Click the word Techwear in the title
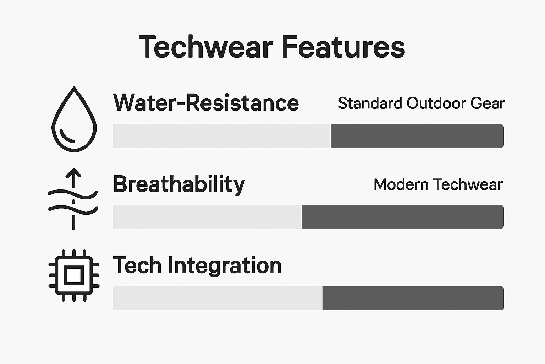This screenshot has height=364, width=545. (206, 47)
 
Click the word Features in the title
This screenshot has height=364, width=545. (343, 47)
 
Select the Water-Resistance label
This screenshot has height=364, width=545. (206, 103)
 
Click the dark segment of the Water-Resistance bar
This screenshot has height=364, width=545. (417, 136)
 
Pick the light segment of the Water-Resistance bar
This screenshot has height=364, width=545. (222, 136)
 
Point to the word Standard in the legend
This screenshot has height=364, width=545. (370, 103)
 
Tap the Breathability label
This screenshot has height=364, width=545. (179, 184)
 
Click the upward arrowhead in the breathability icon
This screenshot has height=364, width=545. (73, 173)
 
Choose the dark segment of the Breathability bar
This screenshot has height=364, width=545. (402, 217)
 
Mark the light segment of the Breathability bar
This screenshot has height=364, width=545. (207, 217)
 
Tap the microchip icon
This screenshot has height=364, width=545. (74, 275)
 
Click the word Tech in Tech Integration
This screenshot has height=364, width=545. (137, 266)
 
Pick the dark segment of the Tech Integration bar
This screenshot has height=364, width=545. (413, 298)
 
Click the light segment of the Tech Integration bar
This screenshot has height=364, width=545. (218, 298)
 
